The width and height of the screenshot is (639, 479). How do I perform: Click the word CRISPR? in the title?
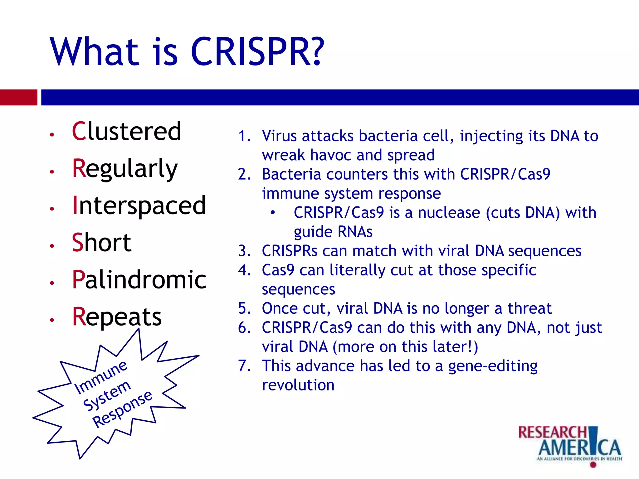[x=257, y=51]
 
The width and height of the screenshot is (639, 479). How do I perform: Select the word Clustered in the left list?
[x=126, y=131]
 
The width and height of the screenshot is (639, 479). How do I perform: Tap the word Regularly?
[x=124, y=169]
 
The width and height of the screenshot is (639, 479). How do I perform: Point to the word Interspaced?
[x=139, y=206]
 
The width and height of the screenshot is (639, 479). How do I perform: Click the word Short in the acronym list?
[x=101, y=243]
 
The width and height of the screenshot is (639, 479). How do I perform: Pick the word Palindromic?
[x=139, y=279]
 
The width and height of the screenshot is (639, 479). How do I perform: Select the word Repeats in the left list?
[x=117, y=317]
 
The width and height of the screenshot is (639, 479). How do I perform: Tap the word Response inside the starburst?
[x=122, y=409]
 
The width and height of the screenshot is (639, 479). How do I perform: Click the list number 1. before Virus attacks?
[x=244, y=136]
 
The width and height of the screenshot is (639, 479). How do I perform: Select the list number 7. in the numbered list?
[x=244, y=366]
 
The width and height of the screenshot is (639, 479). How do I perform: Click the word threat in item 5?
[x=529, y=309]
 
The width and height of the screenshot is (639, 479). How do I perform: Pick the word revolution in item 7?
[x=298, y=385]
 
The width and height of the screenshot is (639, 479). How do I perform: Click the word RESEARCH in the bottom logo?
[x=552, y=432]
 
